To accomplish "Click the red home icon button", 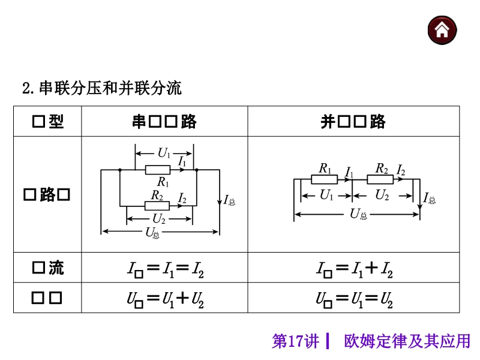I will pos(442,30).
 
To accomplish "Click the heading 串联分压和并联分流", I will pos(110,89).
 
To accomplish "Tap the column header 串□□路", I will pos(164,122).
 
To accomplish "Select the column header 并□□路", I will pos(353,122).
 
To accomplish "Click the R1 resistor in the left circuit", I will pos(158,170).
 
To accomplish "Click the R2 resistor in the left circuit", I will pos(157,205).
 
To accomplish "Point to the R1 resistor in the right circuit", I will pos(325,179).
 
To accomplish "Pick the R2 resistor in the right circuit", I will pos(382,179).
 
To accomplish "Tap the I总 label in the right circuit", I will pos(430,199).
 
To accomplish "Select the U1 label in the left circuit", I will pos(164,152).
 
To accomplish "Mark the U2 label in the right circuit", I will pos(382,194).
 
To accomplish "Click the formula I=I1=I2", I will pos(165,268).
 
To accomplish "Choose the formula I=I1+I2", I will pos(354,268).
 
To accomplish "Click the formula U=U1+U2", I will pos(165,298).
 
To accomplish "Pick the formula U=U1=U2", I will pos(354,298).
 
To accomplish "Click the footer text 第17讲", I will pos(295,342).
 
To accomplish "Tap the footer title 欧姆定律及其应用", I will pos(407,342).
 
